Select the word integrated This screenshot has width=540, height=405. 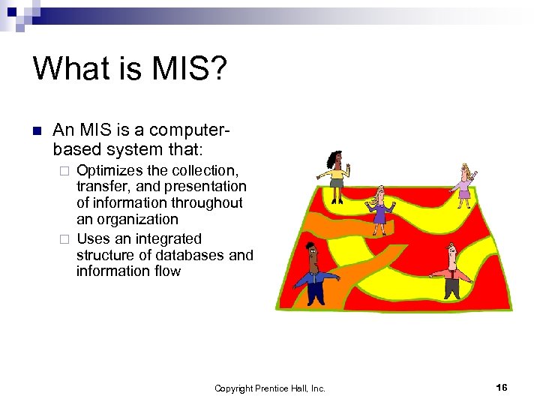click(164, 238)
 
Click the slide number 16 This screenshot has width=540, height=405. click(502, 387)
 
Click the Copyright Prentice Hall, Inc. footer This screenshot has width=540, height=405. click(269, 388)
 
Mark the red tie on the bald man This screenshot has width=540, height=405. click(451, 274)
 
